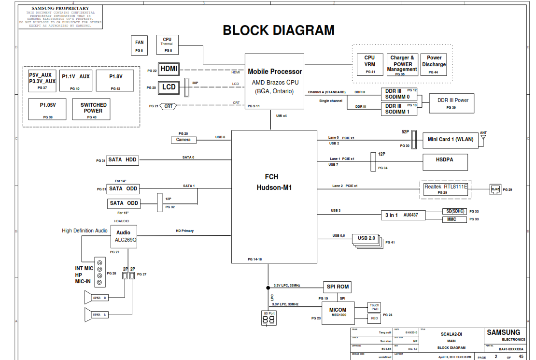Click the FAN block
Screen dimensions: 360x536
139,45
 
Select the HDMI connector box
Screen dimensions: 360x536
169,69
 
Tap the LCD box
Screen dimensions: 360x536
169,87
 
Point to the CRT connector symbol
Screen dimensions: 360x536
168,106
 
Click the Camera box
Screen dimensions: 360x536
183,140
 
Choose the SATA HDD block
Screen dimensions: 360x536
123,160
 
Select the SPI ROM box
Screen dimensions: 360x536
338,287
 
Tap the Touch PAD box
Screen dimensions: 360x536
375,307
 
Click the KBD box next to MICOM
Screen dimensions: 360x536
375,318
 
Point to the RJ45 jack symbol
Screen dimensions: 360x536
495,189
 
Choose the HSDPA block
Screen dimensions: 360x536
445,162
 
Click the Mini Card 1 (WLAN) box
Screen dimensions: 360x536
451,140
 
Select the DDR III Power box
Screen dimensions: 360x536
453,103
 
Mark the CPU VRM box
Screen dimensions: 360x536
370,64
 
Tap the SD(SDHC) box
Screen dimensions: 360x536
455,211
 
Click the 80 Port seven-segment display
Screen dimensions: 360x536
269,320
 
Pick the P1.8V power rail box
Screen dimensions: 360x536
115,80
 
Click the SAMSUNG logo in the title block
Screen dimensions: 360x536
503,332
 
